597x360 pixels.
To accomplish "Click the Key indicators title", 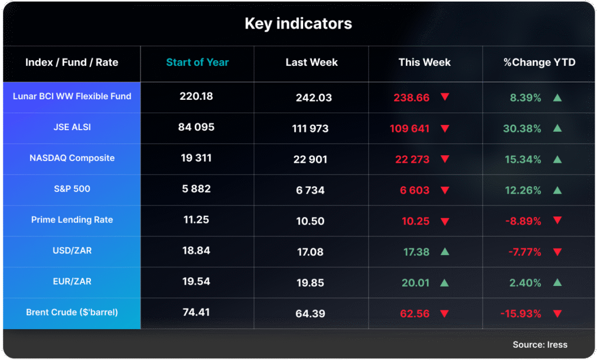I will tap(298, 24).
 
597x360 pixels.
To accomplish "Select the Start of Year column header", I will tap(197, 62).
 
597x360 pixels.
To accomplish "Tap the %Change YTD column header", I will tap(539, 62).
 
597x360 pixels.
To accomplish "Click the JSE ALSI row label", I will tap(72, 127).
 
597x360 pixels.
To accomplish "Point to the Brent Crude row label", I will tap(72, 312).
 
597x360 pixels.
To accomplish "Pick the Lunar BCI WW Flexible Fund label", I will tap(72, 96).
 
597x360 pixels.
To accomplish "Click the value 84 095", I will tap(196, 127).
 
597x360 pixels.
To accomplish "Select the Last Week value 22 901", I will tap(311, 159).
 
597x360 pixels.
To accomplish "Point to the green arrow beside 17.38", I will tap(444, 251).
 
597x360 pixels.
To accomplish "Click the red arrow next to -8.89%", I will tap(557, 221).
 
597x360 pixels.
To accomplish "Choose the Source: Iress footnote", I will tap(540, 344).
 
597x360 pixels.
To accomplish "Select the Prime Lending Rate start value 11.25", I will tap(196, 220).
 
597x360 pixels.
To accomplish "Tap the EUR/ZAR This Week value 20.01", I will tap(415, 283).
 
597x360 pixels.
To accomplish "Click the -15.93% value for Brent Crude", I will tap(521, 314).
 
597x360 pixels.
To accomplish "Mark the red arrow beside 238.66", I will tap(445, 97).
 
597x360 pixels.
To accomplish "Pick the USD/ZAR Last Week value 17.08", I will tap(310, 252).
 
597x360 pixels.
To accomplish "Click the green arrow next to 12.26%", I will tap(557, 190).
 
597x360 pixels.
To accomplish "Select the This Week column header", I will tap(424, 62).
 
